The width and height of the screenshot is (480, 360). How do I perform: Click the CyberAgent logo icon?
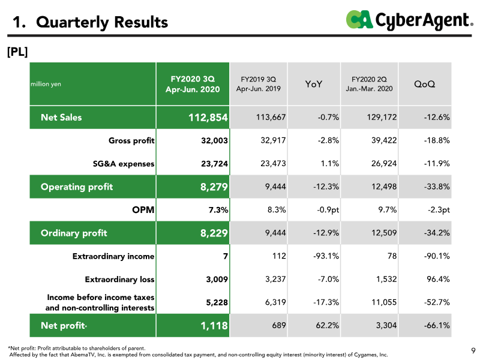coord(359,19)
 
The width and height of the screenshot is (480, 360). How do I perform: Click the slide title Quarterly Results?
coord(102,22)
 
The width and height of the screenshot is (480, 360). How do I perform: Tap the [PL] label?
coord(17,52)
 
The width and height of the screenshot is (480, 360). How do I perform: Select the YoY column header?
coord(313,84)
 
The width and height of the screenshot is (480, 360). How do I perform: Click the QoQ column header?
coord(424,84)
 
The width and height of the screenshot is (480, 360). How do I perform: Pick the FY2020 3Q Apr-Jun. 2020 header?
coord(193,84)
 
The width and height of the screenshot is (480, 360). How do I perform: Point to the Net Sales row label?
coord(61,117)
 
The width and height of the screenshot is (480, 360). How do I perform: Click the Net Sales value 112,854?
coord(208,117)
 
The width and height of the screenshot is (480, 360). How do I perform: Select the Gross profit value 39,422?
coord(384,140)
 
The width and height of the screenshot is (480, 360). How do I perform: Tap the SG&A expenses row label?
coord(124,164)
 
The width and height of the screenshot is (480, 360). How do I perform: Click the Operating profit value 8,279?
coord(214,187)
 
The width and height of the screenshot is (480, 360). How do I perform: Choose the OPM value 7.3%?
coord(218,210)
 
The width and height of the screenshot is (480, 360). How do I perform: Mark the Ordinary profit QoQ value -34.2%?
coord(437,233)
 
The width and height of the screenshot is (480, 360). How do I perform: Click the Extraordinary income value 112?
coord(279,256)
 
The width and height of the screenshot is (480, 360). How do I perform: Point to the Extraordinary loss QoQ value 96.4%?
coord(438,279)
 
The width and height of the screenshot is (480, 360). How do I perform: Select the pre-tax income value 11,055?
coord(384,302)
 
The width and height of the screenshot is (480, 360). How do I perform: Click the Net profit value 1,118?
coord(214,325)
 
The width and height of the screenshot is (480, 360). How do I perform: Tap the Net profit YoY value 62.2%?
coord(327,325)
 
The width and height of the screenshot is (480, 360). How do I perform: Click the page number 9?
coord(473,350)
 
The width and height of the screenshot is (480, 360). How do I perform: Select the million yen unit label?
coord(46,84)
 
